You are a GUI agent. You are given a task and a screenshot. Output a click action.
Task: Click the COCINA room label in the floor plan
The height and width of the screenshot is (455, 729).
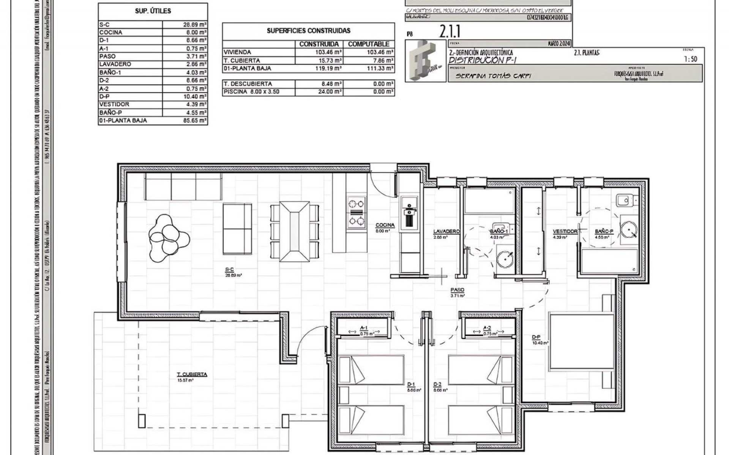385,225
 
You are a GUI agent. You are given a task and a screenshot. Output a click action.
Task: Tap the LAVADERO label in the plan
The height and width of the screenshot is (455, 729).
447,231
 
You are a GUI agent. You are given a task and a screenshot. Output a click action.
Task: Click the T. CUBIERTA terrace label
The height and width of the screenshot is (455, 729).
192,375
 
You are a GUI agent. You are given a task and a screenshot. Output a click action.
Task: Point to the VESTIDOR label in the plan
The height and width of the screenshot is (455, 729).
565,231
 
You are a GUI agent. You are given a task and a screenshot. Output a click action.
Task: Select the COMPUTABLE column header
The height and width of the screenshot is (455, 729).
368,44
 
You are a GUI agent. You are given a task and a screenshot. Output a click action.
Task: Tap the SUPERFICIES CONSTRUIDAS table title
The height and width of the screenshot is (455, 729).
308,31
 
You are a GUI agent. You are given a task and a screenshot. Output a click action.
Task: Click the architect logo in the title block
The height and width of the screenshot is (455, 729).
426,61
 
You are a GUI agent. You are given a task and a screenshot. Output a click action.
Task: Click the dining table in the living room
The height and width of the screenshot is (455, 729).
294,231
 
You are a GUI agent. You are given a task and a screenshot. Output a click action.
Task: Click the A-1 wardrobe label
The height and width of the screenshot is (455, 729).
363,328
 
